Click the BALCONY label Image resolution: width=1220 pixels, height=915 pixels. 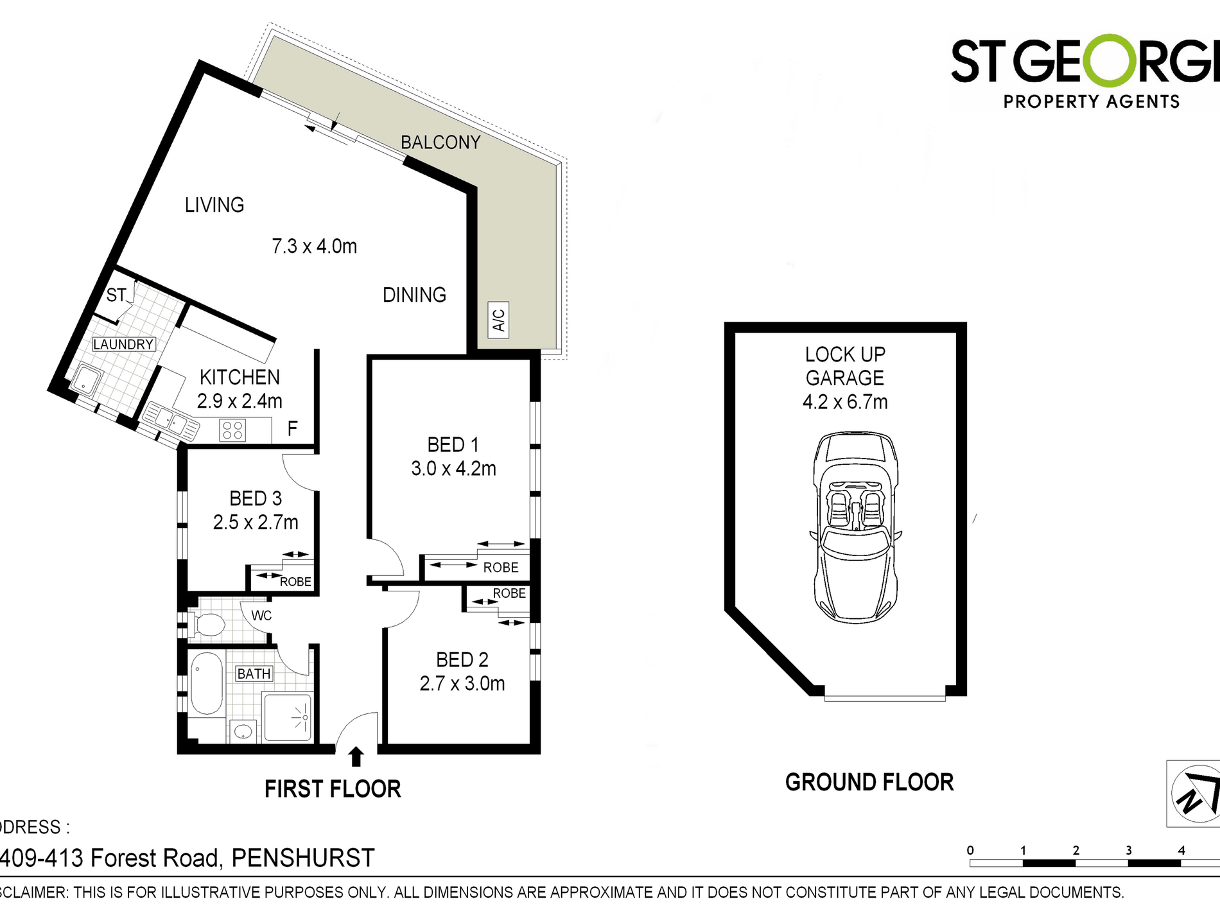pyautogui.click(x=440, y=142)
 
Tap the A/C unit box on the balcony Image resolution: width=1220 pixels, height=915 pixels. pyautogui.click(x=498, y=319)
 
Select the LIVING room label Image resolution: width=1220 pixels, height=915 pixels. pyautogui.click(x=214, y=205)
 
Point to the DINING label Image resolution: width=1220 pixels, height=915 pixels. pyautogui.click(x=414, y=295)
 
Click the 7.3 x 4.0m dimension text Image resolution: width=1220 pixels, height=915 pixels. pyautogui.click(x=314, y=246)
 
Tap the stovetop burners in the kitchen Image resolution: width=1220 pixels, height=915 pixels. pyautogui.click(x=232, y=430)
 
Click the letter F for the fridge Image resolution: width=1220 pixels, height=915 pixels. pyautogui.click(x=292, y=429)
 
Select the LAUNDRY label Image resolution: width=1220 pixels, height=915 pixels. pyautogui.click(x=123, y=344)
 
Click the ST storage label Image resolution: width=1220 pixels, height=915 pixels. pyautogui.click(x=116, y=295)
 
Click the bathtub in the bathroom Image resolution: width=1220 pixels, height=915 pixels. pyautogui.click(x=207, y=684)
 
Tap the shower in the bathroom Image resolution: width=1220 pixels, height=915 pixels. pyautogui.click(x=287, y=717)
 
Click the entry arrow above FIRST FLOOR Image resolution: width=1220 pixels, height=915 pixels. pyautogui.click(x=356, y=756)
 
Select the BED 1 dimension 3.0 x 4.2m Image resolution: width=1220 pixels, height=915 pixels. pyautogui.click(x=453, y=469)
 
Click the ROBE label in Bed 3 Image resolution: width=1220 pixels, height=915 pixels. pyautogui.click(x=295, y=582)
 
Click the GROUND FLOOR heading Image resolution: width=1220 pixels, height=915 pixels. pyautogui.click(x=869, y=782)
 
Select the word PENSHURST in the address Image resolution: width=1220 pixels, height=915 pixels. pyautogui.click(x=302, y=858)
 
